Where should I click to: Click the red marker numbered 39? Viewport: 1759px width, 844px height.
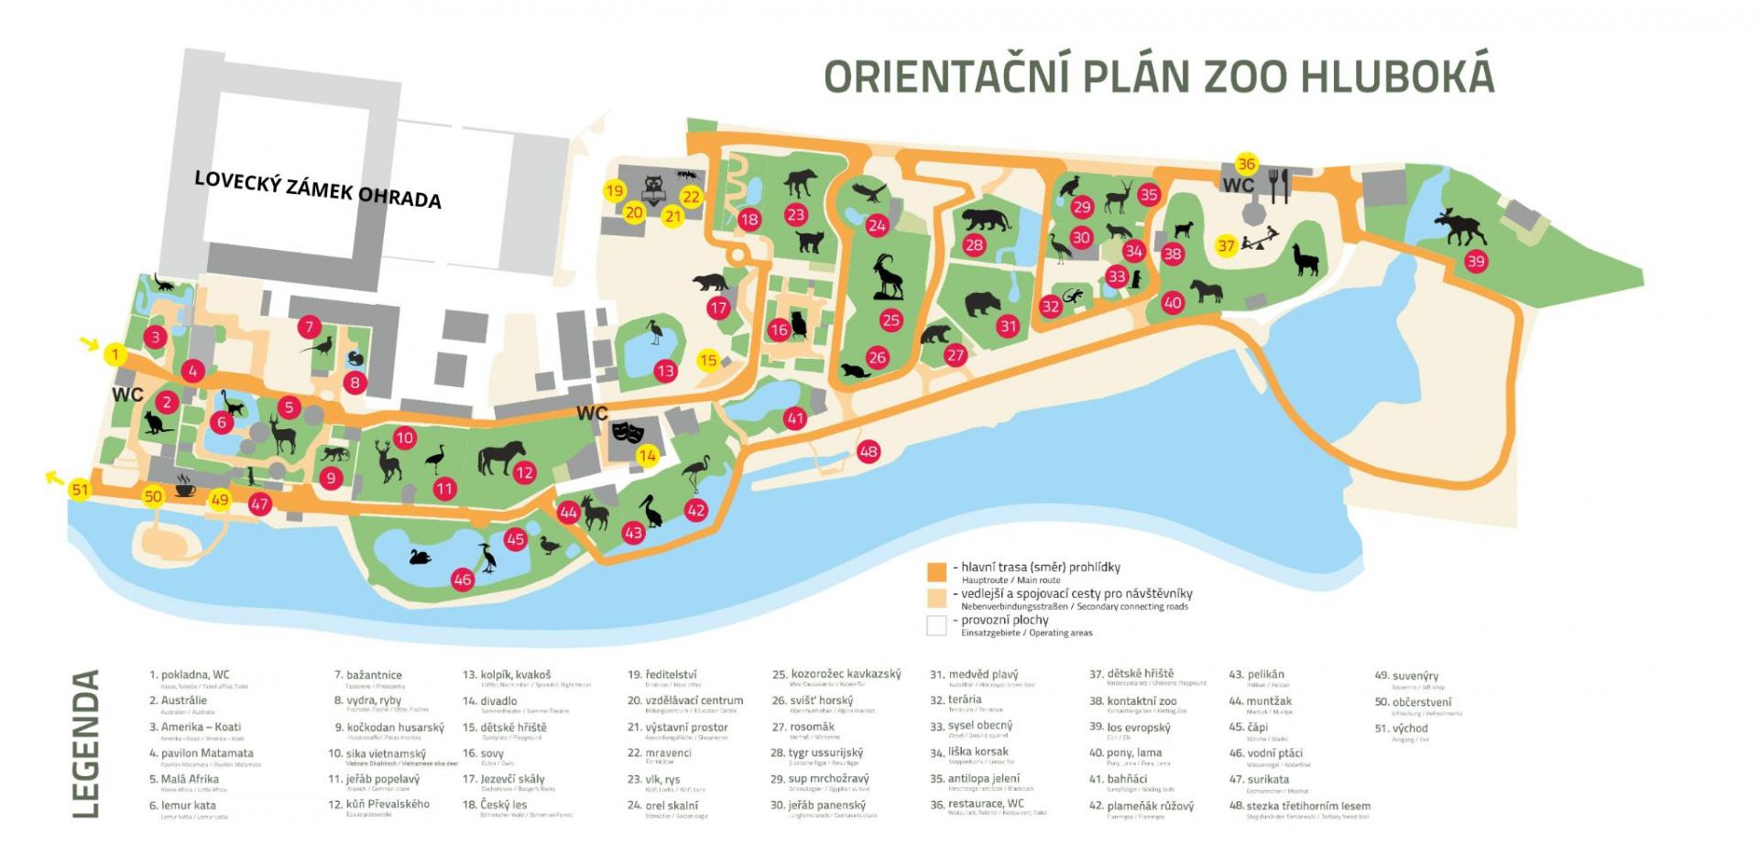pos(1475,261)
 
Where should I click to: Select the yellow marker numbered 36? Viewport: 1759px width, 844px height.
pos(1246,164)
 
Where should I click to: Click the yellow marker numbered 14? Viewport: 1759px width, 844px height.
pos(648,455)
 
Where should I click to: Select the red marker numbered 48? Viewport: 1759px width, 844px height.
pos(869,450)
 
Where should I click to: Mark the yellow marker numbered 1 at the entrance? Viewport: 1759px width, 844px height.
pos(115,354)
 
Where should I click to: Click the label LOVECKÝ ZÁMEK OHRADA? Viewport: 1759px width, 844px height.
pos(318,189)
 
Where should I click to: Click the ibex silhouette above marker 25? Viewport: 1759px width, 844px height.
pos(887,277)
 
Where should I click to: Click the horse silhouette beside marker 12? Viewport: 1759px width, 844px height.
pos(500,458)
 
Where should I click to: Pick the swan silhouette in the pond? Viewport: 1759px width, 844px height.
pos(421,557)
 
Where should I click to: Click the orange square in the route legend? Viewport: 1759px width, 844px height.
pos(936,573)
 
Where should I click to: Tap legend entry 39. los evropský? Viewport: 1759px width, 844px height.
pos(1139,728)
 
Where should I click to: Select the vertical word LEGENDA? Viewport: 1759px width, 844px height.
pos(85,743)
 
